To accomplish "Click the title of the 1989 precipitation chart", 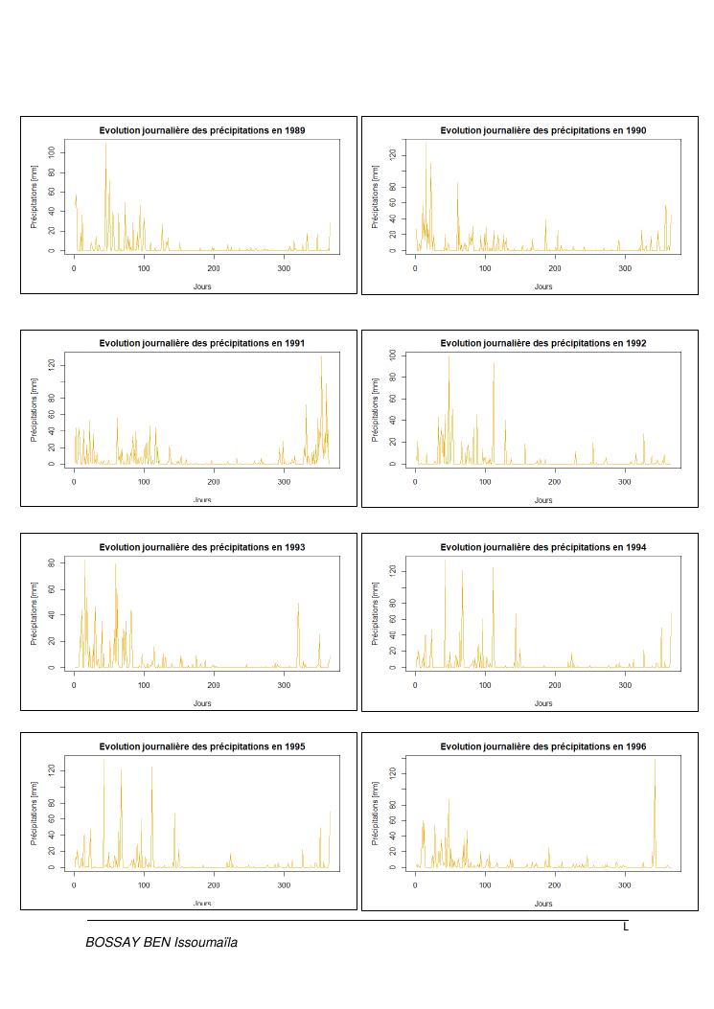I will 202,130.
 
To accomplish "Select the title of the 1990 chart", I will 542,130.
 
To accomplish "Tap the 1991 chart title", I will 202,343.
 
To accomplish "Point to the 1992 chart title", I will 542,343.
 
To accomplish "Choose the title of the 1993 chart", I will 202,547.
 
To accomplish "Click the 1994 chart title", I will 542,547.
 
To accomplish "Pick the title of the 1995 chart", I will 202,746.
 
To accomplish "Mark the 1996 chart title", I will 542,746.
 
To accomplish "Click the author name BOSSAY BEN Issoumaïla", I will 161,943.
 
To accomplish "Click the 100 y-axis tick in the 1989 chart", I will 59,152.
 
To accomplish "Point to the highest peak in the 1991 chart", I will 321,357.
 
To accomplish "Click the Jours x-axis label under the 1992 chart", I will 542,500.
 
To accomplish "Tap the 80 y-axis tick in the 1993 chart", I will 59,561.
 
